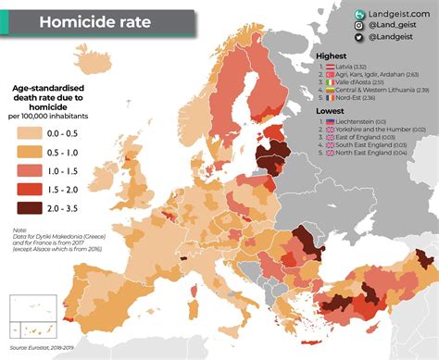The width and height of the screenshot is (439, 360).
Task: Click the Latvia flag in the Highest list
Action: coord(330,67)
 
